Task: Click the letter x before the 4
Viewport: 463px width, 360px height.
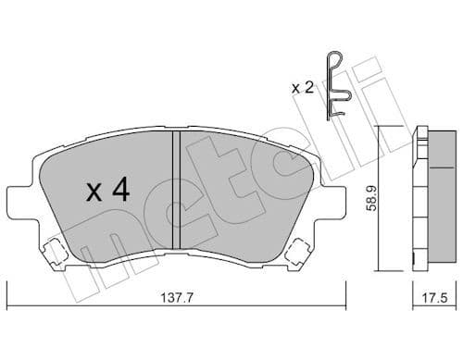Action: [x=93, y=193]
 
